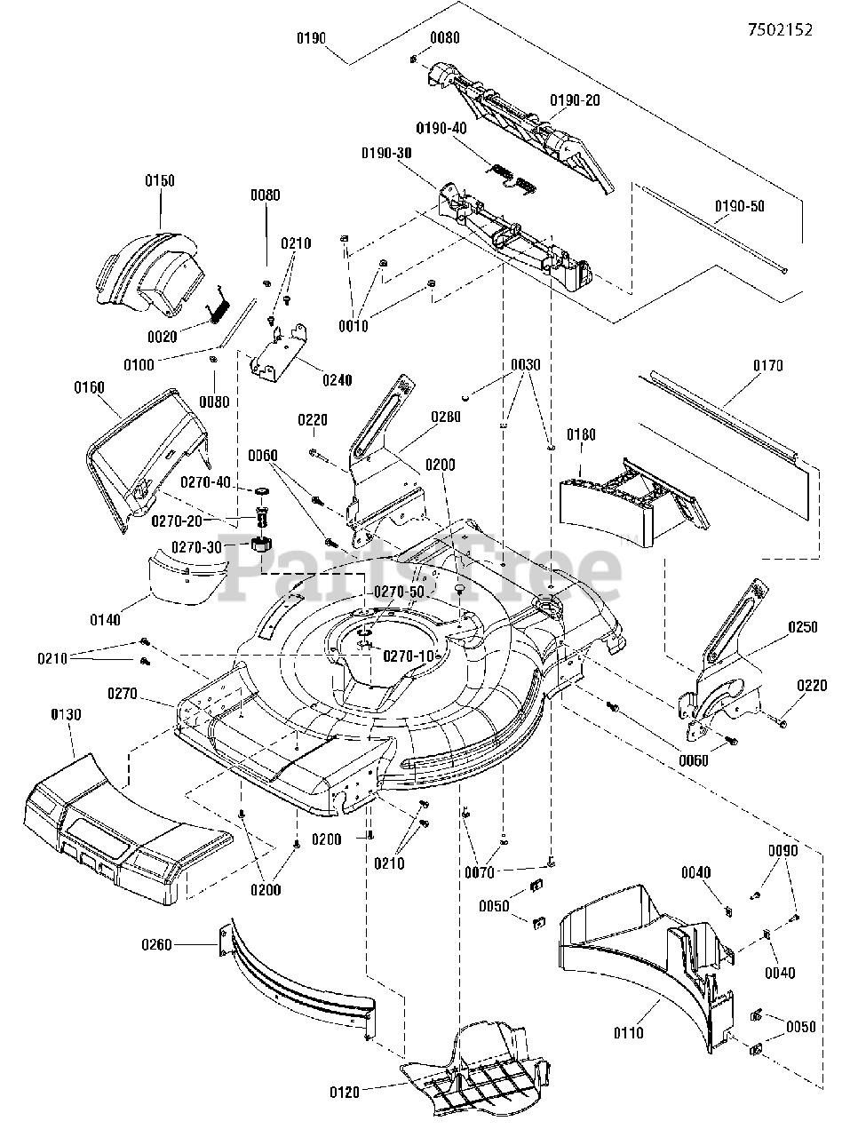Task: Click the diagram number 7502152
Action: [780, 29]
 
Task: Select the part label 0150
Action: [160, 181]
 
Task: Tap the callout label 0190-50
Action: [739, 206]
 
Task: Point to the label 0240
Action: [338, 381]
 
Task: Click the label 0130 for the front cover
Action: [67, 715]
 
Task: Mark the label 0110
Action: [629, 1033]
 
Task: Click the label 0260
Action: [156, 945]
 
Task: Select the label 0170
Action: [768, 366]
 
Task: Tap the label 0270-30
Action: [197, 547]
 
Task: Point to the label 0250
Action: [803, 627]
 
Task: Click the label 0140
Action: [105, 620]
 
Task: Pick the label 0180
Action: [581, 434]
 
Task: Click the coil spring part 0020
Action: [217, 306]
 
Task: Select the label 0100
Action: [139, 365]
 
